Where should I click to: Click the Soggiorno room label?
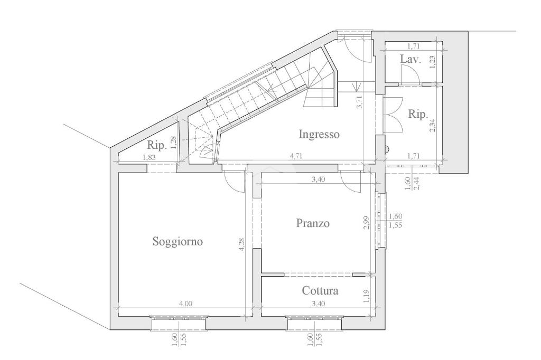click(178, 241)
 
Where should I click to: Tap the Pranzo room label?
click(313, 223)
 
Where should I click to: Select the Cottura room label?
click(320, 291)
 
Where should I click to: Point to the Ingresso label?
click(319, 134)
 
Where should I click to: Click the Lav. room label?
click(411, 59)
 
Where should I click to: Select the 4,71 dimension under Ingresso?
click(296, 156)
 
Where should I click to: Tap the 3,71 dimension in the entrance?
click(360, 102)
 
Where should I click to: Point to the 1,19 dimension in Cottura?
click(367, 296)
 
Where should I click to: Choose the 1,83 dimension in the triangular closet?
click(149, 157)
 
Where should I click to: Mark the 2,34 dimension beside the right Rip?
click(433, 125)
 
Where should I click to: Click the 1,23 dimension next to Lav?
click(433, 62)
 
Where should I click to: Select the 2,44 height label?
click(416, 183)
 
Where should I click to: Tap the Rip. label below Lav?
click(418, 114)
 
